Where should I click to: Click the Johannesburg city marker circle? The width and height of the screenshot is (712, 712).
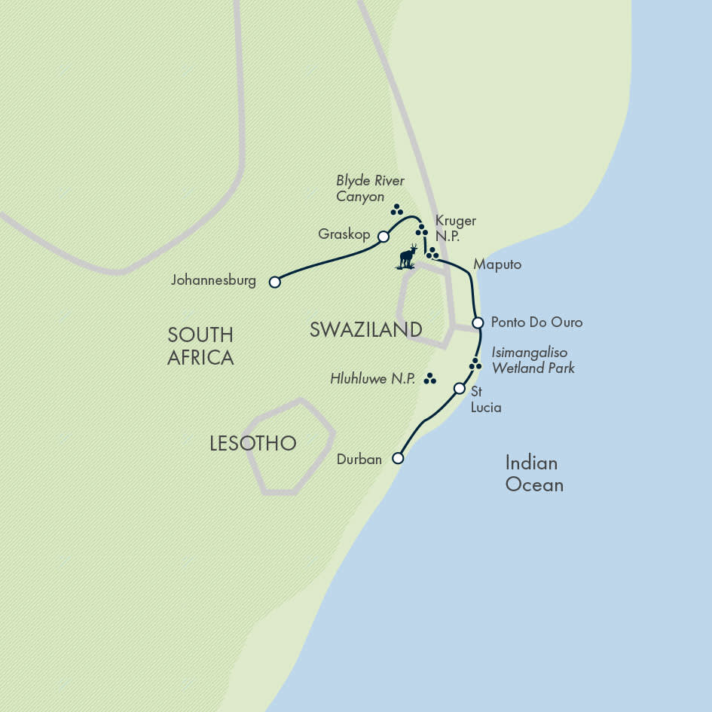275,282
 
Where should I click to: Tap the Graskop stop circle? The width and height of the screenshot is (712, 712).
383,236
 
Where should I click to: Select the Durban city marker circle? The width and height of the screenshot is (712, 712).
398,458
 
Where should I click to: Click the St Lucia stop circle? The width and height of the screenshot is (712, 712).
460,389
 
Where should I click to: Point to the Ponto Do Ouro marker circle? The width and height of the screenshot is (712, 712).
478,322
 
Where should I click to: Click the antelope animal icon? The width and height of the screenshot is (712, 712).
408,257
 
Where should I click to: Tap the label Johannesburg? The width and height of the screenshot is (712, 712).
213,281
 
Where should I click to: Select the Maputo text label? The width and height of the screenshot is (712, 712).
497,265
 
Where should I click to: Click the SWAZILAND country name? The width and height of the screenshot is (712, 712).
365,329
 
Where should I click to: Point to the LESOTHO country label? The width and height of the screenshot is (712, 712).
252,443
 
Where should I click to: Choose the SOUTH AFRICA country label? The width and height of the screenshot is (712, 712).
200,346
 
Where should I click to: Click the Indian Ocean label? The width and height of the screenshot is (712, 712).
534,473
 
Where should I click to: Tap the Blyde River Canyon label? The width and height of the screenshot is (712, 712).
370,189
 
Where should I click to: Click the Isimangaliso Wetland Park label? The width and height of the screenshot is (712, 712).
533,360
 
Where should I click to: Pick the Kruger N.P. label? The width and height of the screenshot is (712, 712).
456,228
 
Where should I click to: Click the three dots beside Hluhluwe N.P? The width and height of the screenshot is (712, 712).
430,379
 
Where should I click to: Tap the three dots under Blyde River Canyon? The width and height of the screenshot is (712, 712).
397,210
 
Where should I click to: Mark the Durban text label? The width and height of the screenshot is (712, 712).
360,459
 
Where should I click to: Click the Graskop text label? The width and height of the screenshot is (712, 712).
344,235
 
